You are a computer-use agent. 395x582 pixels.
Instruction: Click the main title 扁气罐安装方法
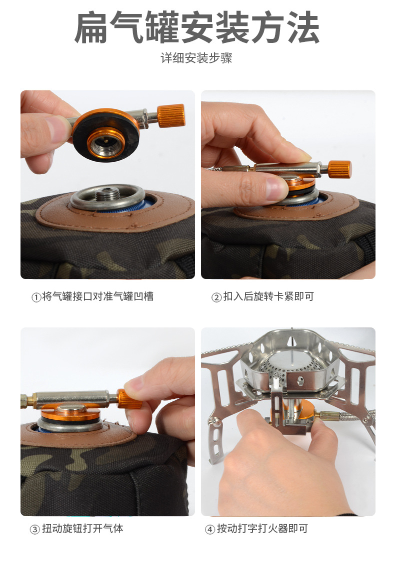point(197,28)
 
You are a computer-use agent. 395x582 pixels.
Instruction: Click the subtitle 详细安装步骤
point(196,59)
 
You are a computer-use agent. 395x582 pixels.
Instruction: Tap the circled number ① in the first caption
point(36,297)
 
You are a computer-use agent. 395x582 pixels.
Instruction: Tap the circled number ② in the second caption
point(216,297)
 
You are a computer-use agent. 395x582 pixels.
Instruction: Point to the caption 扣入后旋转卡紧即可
point(268,297)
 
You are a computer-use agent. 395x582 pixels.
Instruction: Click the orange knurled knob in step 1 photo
point(171,116)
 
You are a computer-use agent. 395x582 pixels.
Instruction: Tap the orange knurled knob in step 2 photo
point(339,170)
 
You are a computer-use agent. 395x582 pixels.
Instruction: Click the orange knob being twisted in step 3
point(129,399)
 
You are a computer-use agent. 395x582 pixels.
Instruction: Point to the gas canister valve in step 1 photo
point(107,195)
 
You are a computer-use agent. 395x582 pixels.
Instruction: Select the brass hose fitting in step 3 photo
point(29,400)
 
